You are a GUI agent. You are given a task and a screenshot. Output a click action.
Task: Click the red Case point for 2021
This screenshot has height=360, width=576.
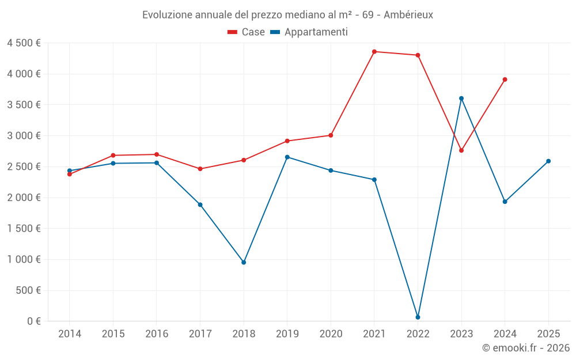[374, 52]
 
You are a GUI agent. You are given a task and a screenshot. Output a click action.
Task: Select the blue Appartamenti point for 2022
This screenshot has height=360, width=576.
[418, 317]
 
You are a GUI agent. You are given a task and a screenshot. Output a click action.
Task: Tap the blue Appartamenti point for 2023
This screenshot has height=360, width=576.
[461, 98]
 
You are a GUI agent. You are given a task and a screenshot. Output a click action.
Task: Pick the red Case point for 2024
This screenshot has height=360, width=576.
[505, 79]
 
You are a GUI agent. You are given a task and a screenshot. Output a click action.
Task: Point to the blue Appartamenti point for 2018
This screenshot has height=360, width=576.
[244, 262]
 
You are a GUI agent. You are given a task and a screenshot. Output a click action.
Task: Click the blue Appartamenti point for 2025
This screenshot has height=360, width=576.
[548, 161]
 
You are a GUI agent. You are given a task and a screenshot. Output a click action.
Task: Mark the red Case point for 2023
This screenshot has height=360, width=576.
[461, 150]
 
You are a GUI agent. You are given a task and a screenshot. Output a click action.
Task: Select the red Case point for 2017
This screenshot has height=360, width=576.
[200, 169]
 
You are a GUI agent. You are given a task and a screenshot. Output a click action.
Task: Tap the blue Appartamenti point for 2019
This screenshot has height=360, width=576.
[287, 157]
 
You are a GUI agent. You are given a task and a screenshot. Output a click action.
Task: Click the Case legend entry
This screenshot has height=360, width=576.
[246, 32]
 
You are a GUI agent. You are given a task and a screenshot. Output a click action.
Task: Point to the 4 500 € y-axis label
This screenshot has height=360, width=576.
[24, 43]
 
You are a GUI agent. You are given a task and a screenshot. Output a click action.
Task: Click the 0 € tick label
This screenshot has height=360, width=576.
[34, 321]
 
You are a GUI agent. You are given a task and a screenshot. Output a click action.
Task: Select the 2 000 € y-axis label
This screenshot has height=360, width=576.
[24, 198]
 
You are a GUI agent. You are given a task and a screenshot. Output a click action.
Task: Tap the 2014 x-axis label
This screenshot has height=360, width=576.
[70, 334]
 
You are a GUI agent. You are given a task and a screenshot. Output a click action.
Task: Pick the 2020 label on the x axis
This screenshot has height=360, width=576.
[331, 334]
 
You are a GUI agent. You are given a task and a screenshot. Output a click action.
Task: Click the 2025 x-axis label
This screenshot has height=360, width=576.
[548, 334]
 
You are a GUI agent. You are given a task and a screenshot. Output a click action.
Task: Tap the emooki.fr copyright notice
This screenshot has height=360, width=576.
[525, 348]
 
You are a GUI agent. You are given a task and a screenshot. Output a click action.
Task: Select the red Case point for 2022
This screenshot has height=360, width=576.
[418, 55]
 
